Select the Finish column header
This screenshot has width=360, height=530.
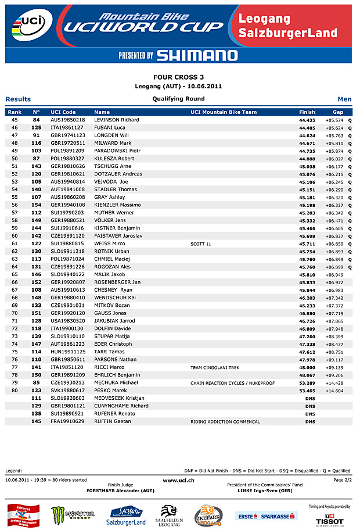tap(307, 112)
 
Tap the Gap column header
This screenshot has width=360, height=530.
tap(338, 112)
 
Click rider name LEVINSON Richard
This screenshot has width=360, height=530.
tap(116, 120)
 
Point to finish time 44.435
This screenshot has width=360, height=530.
tap(307, 120)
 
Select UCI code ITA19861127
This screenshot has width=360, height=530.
tap(67, 127)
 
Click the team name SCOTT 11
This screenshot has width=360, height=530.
tap(201, 244)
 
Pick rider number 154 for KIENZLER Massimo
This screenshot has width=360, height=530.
tap(36, 205)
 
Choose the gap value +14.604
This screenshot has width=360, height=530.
tap(334, 391)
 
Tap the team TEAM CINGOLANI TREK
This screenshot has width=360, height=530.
tap(215, 368)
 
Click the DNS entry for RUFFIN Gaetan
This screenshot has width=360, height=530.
tap(310, 421)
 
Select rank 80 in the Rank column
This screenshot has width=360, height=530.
tap(15, 391)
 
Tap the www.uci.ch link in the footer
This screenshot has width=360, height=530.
tap(178, 480)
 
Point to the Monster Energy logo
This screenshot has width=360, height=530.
tap(73, 514)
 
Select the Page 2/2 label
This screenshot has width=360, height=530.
tap(342, 480)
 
